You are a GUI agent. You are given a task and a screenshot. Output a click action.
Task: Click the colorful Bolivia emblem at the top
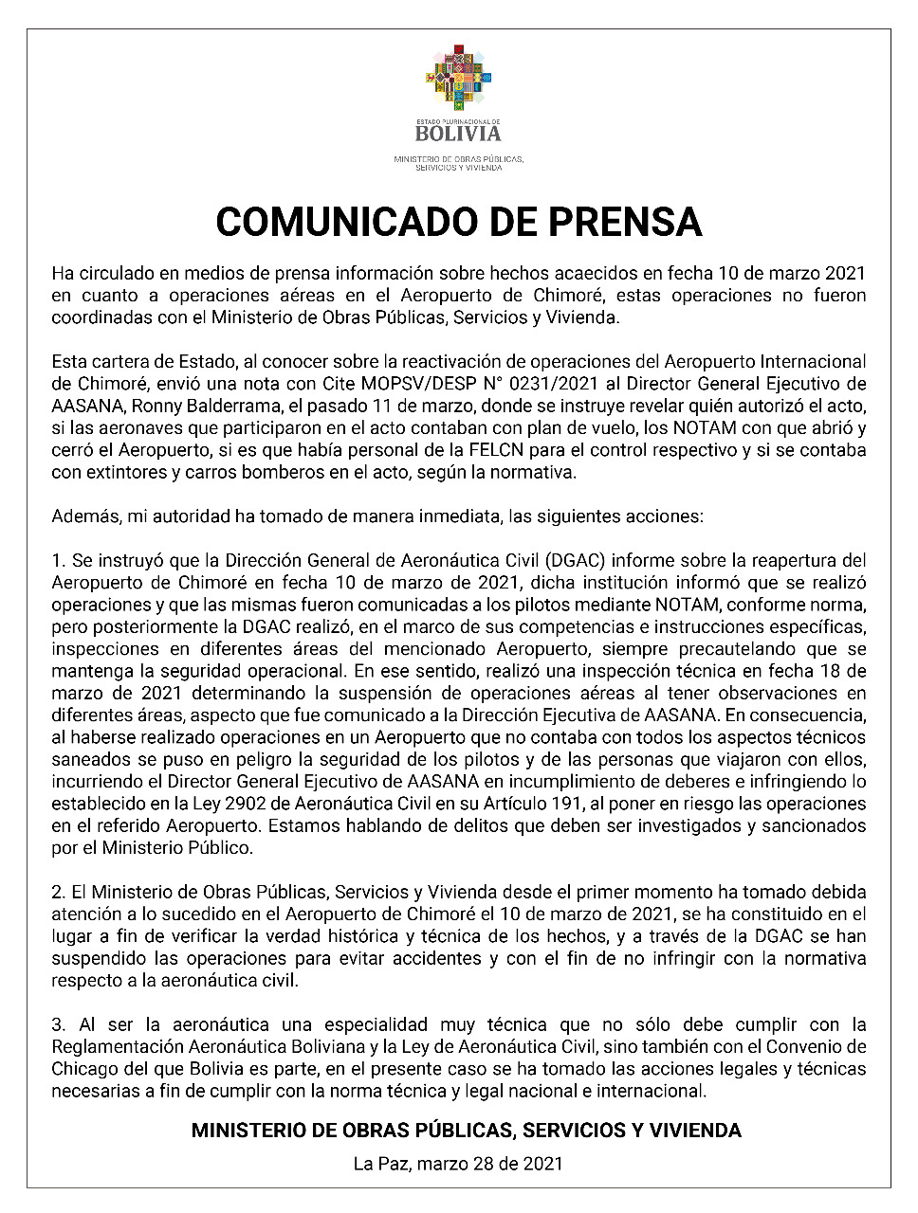coord(459,78)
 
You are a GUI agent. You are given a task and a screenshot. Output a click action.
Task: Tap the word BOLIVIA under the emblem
coord(459,134)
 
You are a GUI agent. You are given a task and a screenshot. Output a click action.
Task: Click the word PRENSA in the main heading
coord(614,222)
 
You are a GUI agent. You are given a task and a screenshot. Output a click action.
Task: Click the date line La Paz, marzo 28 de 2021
coord(458,1163)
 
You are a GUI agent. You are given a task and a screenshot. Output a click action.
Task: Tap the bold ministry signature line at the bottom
coord(466,1131)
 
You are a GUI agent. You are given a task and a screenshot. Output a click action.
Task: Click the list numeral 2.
coord(57,892)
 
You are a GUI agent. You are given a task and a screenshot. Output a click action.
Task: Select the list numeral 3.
coord(57,1024)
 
